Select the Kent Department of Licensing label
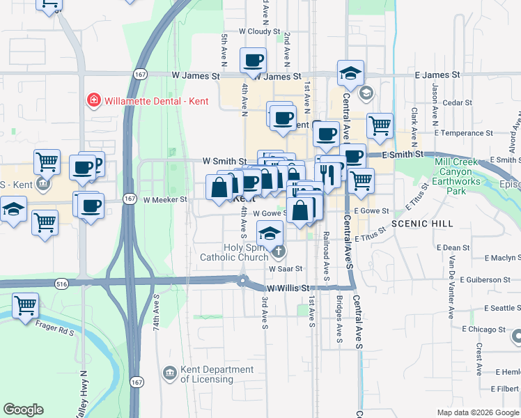[x=207, y=375]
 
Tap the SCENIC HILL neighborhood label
[x=422, y=224]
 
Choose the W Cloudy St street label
[x=259, y=31]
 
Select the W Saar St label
[x=286, y=268]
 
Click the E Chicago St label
[x=483, y=329]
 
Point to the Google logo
[x=24, y=410]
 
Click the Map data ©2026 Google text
[x=477, y=412]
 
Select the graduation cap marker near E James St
[x=350, y=72]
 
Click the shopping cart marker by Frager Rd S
[x=25, y=304]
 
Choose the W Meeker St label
[x=165, y=199]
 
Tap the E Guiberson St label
[x=482, y=279]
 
